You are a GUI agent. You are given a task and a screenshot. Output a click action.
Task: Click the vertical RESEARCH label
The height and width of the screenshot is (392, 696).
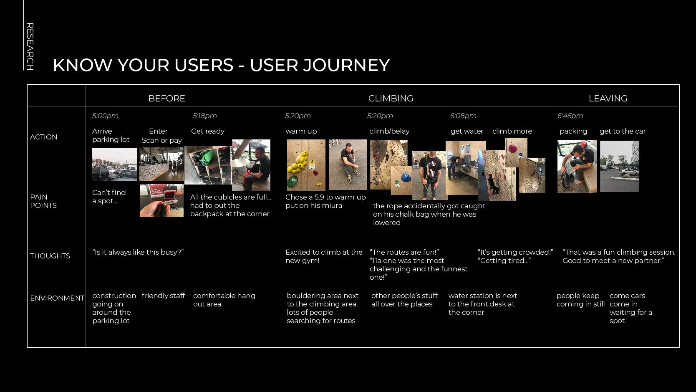[x=30, y=46]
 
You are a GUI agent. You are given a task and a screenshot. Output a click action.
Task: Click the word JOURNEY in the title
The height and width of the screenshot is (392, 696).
[x=346, y=65]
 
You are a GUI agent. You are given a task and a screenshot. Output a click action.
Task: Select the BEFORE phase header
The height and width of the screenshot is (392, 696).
[x=166, y=99]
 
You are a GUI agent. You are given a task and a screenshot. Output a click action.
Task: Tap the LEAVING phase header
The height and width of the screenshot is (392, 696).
[x=608, y=99]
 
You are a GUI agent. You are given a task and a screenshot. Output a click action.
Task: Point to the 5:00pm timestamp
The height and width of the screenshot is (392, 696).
[x=105, y=116]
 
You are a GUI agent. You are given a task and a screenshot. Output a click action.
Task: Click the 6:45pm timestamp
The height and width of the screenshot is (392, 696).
[x=570, y=116]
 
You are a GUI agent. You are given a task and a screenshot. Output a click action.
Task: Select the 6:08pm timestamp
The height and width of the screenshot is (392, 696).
[x=463, y=116]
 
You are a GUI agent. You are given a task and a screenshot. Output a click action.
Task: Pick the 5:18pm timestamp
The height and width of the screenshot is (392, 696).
[x=204, y=116]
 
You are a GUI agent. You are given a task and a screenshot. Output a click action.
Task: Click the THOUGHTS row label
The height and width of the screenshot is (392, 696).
[x=50, y=256]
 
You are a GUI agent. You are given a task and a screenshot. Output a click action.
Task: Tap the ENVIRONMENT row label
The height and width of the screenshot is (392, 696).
[x=57, y=298]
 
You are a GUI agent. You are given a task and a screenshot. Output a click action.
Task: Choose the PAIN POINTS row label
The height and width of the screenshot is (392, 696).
[x=43, y=201]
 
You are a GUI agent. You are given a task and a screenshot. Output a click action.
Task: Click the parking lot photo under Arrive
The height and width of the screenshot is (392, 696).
[x=114, y=164]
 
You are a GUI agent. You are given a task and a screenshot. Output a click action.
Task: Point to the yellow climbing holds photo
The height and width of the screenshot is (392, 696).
[x=306, y=165]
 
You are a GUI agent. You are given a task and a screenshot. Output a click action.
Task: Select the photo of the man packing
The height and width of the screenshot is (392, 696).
[x=577, y=166]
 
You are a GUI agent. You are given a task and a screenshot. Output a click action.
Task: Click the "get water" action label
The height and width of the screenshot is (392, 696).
[x=467, y=131]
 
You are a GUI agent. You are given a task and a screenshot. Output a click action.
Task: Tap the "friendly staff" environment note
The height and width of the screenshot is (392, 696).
[x=163, y=296]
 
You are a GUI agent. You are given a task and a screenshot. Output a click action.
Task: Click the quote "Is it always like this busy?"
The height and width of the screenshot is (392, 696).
[x=138, y=252]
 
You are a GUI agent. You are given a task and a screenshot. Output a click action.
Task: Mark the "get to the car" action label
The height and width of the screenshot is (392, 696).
[x=622, y=131]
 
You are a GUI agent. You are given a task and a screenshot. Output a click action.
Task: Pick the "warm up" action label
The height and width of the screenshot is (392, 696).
[x=301, y=131]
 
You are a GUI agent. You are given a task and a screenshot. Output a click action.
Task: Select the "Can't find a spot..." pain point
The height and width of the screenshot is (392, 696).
[x=109, y=197]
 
